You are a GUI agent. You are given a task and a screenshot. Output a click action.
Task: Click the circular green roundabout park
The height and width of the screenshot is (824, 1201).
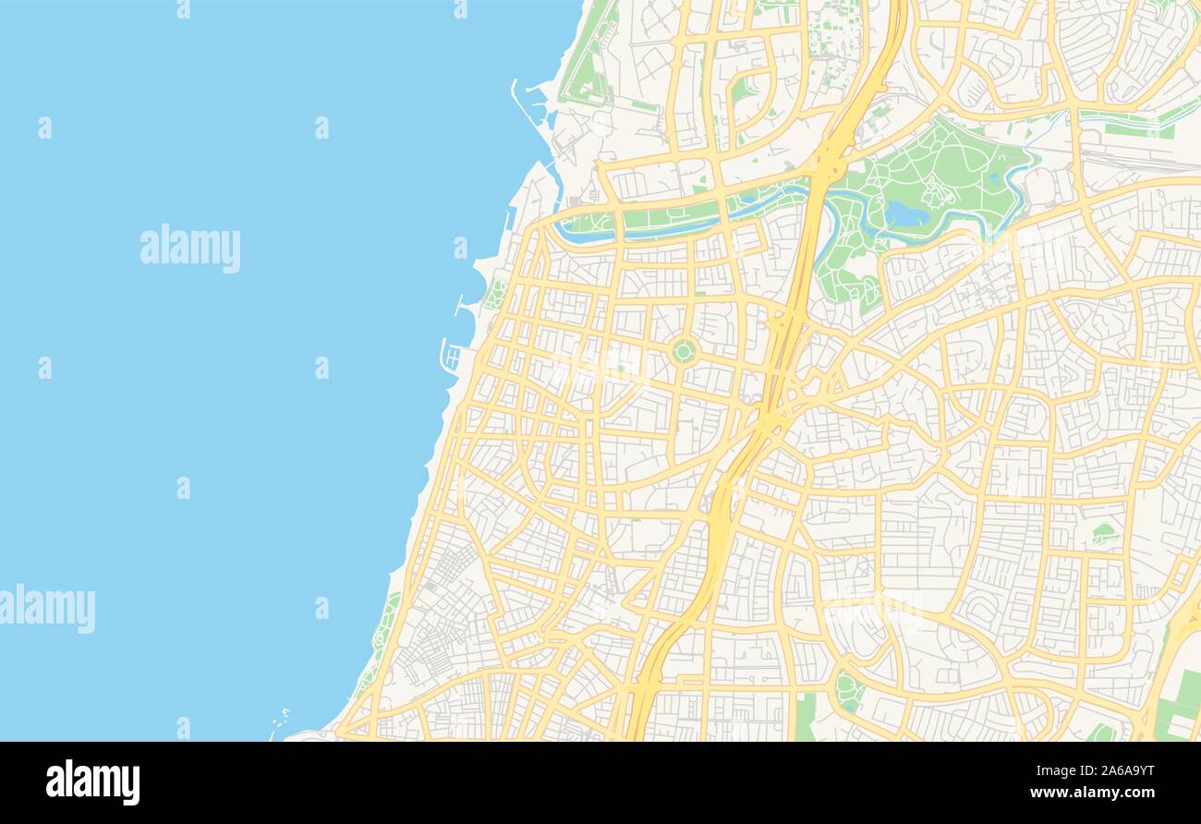683,351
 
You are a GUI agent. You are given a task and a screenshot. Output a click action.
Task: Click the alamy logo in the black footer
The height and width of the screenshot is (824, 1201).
92,782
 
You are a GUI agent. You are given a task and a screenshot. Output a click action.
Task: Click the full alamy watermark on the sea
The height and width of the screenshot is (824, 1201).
190,248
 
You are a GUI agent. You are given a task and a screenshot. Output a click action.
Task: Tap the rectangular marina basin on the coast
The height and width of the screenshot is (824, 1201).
452,355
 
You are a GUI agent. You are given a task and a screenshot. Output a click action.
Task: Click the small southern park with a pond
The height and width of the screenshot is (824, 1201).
847,690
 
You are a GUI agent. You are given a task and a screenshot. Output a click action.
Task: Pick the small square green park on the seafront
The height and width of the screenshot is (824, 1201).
495,295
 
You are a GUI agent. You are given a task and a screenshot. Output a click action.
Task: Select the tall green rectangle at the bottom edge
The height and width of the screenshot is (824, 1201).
805,716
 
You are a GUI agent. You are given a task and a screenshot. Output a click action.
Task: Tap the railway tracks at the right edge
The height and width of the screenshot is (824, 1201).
1146,161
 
